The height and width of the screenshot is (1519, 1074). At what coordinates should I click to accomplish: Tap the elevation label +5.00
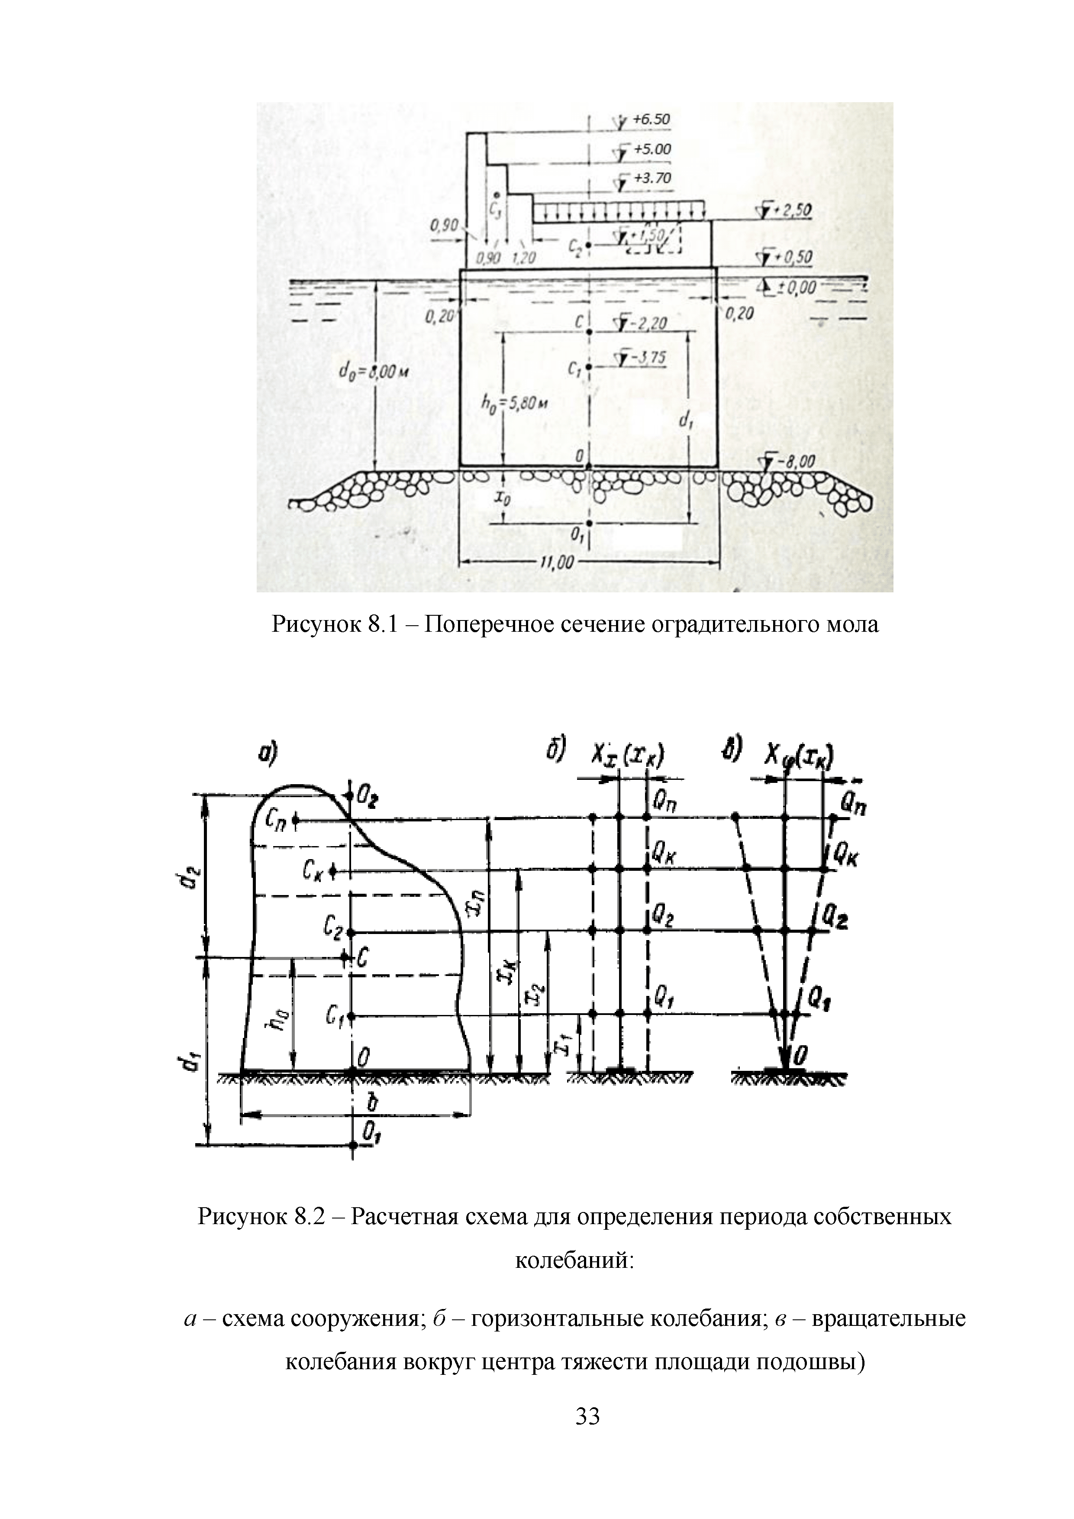651,149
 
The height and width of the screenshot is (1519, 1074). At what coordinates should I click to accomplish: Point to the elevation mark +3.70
651,179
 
